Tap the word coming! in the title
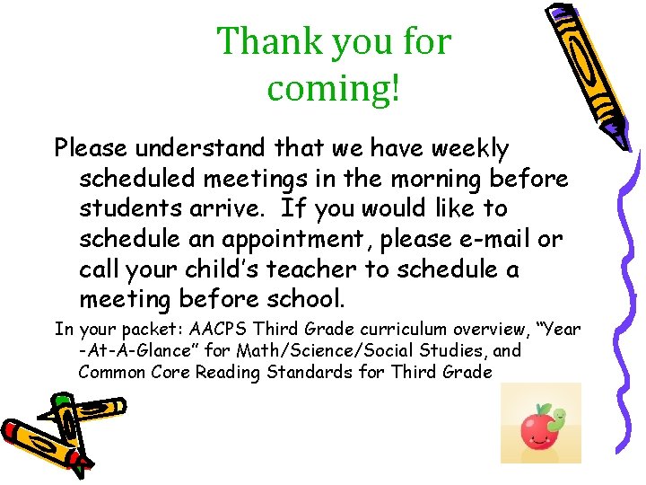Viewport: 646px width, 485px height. pyautogui.click(x=333, y=88)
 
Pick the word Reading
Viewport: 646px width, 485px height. pyautogui.click(x=218, y=372)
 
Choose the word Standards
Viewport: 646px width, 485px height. pyautogui.click(x=302, y=372)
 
